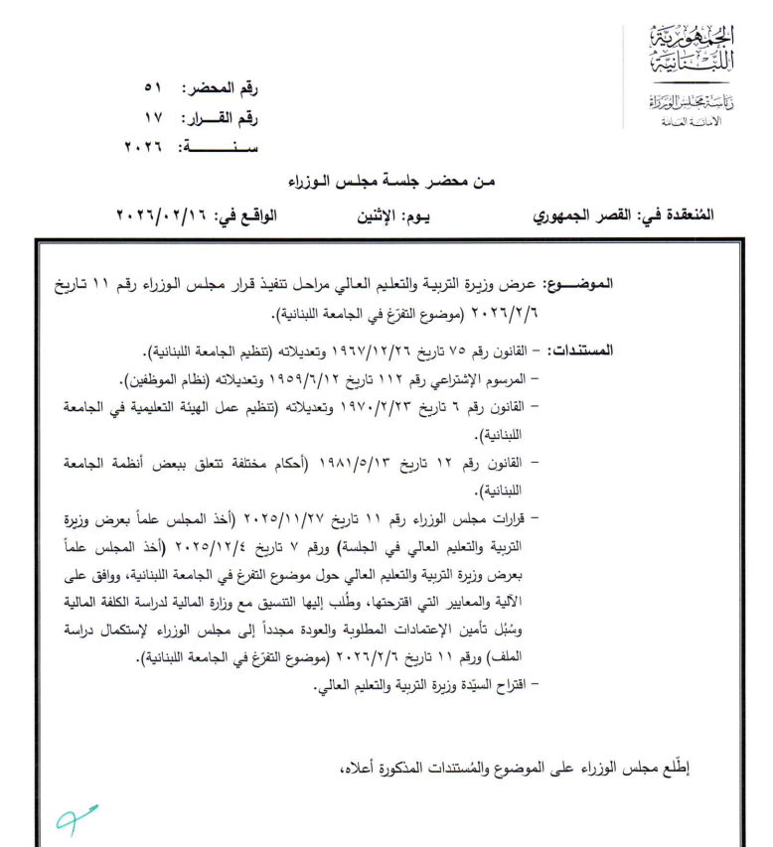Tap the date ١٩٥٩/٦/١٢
[x=384, y=378]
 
